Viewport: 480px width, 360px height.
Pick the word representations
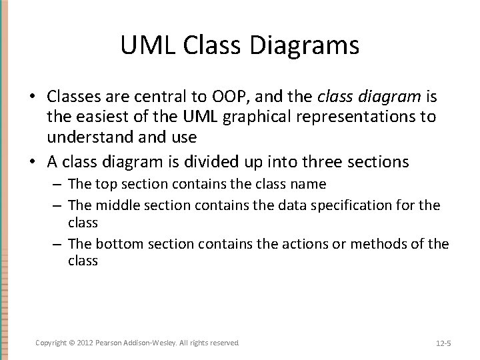352,117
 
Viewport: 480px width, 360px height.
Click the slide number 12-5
443,343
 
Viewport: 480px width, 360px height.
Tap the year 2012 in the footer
86,343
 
